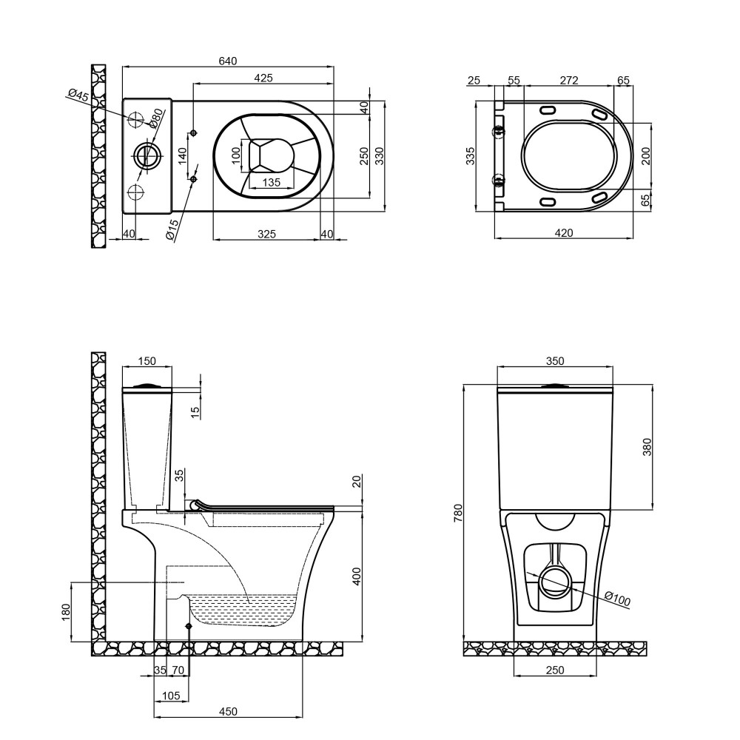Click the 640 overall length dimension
227,61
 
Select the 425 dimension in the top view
263,78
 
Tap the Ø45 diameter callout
78,95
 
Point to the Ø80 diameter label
156,118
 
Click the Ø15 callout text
172,230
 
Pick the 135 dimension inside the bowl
271,182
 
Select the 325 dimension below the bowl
266,234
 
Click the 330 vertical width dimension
380,155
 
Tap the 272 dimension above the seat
569,80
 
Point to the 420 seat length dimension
564,232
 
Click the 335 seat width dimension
471,155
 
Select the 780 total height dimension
458,513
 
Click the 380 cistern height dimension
647,447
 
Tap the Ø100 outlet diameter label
617,599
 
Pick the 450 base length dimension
229,711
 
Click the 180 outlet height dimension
66,612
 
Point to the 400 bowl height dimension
357,576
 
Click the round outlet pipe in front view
555,581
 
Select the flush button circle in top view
148,154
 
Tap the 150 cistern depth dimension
147,361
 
